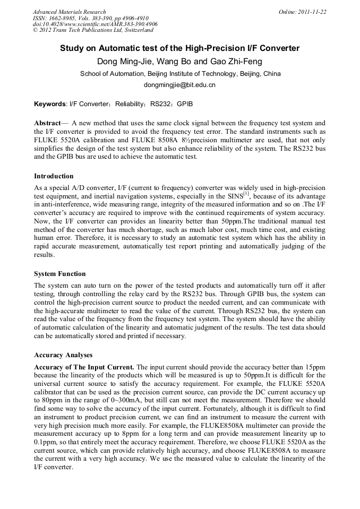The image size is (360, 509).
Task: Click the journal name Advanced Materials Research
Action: [x=70, y=12]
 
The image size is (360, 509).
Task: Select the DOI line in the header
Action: [x=95, y=24]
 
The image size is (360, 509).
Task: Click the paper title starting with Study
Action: [x=179, y=48]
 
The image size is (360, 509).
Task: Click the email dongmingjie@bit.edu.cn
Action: [x=179, y=84]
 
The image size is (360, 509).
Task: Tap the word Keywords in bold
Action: [x=50, y=104]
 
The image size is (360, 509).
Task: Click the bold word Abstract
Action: [x=47, y=123]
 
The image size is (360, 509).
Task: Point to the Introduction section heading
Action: [x=54, y=176]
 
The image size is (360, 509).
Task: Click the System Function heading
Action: [x=59, y=274]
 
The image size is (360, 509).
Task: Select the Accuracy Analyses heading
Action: [x=63, y=355]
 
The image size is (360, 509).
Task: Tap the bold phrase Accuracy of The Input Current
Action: [x=84, y=367]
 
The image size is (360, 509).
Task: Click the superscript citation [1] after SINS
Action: [x=246, y=194]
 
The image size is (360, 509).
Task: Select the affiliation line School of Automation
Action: [x=180, y=74]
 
